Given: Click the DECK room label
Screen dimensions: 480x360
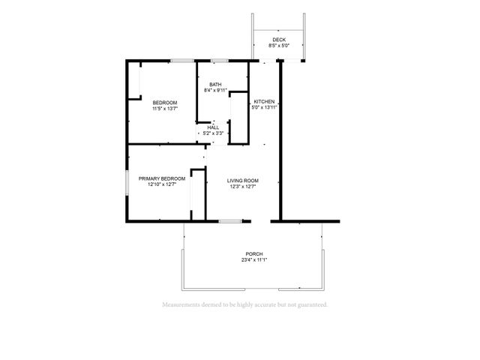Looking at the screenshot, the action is coord(279,40).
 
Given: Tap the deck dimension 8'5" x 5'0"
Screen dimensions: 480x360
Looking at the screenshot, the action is coord(279,46).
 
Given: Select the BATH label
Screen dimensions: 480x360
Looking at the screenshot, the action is coord(215,85).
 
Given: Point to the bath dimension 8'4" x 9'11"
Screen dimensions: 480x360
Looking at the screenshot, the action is coord(215,90).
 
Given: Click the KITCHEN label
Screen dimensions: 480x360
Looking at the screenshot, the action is coord(264,102).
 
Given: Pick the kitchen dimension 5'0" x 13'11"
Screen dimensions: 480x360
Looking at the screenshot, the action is coord(264,107).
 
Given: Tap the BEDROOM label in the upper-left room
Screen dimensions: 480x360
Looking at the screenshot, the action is coord(165,103).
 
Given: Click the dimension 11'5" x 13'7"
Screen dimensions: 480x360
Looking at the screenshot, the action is coord(165,109).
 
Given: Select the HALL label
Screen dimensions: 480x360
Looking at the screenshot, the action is coord(213,127).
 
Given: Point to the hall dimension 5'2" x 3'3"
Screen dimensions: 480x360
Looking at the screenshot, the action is coord(213,133).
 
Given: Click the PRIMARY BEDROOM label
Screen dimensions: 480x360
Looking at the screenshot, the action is coord(162,178).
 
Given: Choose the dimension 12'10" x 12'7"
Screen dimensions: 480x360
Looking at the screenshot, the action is coord(162,184).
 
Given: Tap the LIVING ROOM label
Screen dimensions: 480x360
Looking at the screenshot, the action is coord(243,181).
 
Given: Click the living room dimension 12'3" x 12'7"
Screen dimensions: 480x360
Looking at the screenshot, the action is coord(243,187).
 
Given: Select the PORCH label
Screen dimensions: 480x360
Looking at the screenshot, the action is coord(254,254).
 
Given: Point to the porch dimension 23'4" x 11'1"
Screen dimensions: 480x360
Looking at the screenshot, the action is coord(254,260).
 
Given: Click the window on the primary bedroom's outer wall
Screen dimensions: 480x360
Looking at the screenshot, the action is coord(127,183).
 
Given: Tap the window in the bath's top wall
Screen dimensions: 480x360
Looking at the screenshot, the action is coord(220,61).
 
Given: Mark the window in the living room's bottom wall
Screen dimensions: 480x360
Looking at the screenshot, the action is coord(230,221).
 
